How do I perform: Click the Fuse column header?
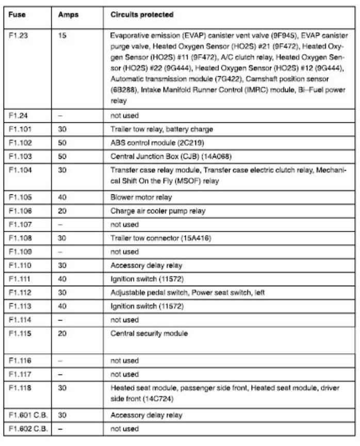[x=19, y=15]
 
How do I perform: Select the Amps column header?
[x=68, y=15]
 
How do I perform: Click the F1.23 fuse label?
[x=20, y=37]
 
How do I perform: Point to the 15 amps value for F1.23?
[x=62, y=37]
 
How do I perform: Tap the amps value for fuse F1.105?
[x=63, y=197]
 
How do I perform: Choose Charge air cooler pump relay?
[x=150, y=211]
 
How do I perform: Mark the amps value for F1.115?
[x=63, y=333]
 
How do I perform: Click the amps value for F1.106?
[x=63, y=211]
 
